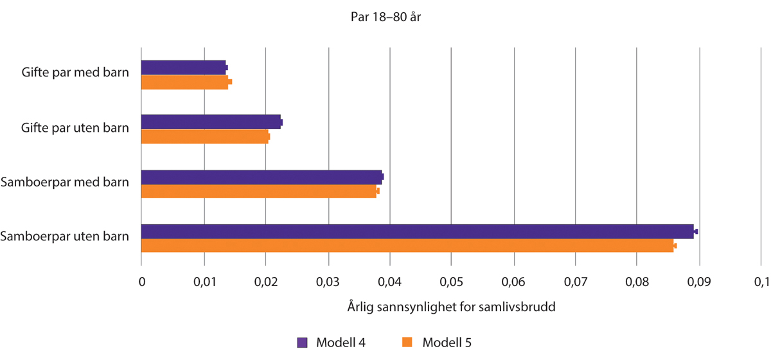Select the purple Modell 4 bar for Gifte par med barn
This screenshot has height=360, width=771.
tap(183, 67)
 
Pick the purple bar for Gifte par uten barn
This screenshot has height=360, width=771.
tap(211, 122)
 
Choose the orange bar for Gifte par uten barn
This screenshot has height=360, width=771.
tap(204, 136)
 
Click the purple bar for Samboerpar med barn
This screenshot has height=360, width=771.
tap(261, 177)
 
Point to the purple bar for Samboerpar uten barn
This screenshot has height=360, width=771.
tap(418, 231)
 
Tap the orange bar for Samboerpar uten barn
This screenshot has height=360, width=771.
tap(407, 246)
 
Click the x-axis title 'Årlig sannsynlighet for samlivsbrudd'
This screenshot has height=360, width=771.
tap(451, 307)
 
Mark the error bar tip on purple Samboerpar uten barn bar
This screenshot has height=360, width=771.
tap(697, 231)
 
